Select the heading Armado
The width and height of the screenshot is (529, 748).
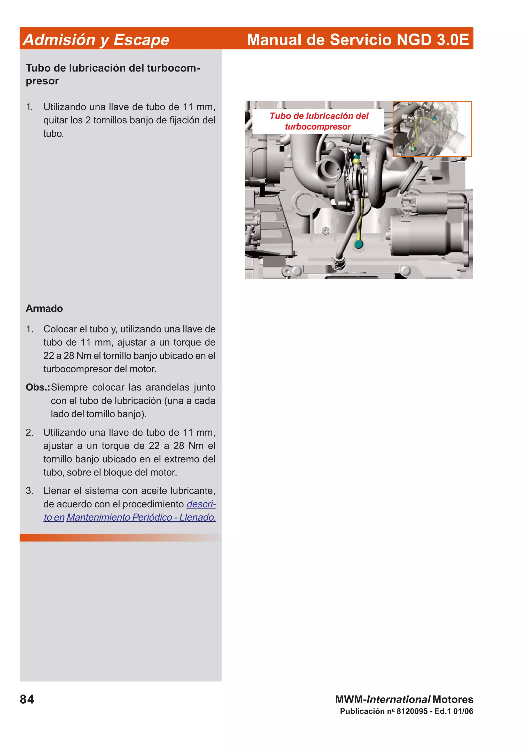coord(44,308)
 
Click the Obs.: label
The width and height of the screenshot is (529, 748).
coord(38,387)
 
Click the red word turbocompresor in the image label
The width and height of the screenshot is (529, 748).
coord(318,126)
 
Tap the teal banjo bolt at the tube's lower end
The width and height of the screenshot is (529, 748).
coord(359,244)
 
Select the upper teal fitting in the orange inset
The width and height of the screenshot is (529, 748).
coord(434,120)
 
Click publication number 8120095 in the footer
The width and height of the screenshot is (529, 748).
coord(412,711)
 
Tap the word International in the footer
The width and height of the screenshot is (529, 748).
coord(398,699)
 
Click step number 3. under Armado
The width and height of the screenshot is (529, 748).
coord(29,491)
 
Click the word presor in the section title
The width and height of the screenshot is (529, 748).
coord(42,81)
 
